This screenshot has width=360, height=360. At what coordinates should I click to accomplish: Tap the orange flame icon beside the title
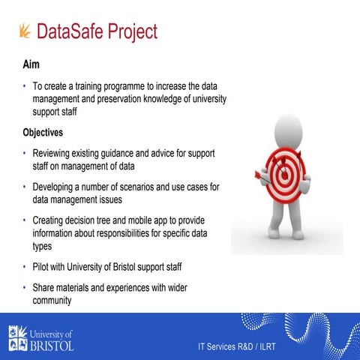(25, 31)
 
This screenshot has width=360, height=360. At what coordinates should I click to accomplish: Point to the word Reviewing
(56, 153)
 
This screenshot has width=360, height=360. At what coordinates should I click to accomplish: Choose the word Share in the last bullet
(46, 288)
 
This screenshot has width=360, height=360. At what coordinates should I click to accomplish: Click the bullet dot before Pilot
(24, 267)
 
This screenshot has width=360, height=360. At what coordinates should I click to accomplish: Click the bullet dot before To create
(24, 86)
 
